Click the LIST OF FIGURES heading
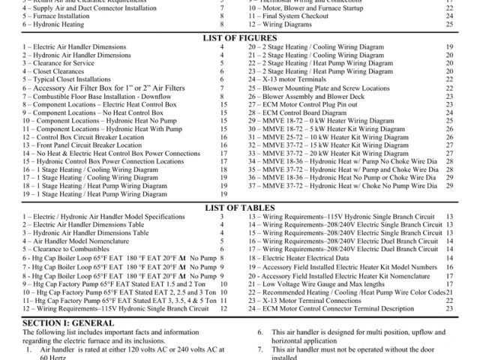pos(239,37)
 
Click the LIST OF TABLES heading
pos(239,207)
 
